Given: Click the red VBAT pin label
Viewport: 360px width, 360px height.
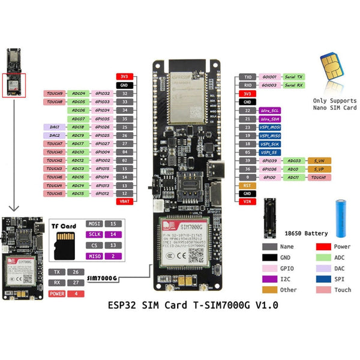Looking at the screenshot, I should [124, 202].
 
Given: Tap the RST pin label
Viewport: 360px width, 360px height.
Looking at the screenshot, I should [247, 186].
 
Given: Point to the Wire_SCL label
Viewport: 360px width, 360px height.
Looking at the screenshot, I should [270, 111].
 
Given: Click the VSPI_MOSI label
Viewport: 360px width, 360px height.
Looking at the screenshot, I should [270, 128].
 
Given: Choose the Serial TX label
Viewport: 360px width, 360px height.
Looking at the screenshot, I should [294, 77].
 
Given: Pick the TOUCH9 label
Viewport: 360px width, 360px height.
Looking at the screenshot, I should [54, 94].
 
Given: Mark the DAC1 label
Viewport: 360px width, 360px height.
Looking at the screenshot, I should [54, 127].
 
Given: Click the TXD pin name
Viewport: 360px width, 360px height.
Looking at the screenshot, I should [247, 77].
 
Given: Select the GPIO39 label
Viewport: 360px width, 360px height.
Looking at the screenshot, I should [270, 161].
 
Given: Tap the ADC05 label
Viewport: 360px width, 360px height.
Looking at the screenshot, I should [78, 103].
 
